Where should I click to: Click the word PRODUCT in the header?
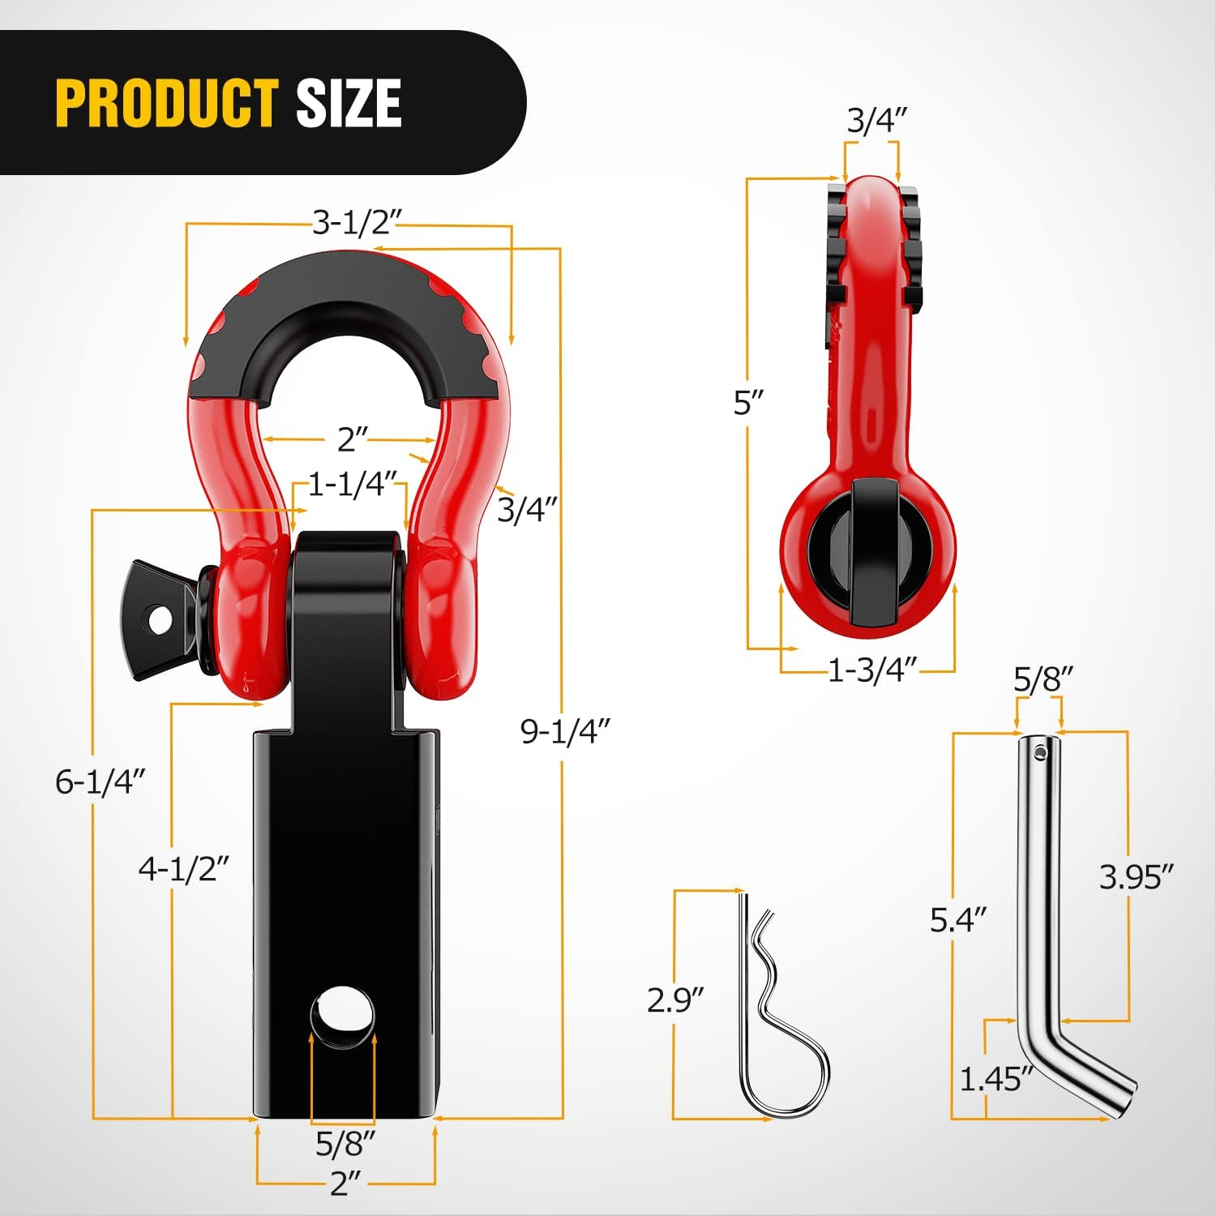point(167,103)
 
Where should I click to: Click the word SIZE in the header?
point(349,103)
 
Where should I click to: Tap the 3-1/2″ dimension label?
point(358,221)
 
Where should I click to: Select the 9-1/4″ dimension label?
point(564,731)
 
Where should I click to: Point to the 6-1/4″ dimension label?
point(101,781)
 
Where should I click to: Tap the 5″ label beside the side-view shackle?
point(748,402)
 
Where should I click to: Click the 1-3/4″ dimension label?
point(872,670)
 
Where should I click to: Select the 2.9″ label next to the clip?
point(675,1000)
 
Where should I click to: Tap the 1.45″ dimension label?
point(996,1080)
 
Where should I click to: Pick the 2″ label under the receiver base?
point(345,1184)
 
